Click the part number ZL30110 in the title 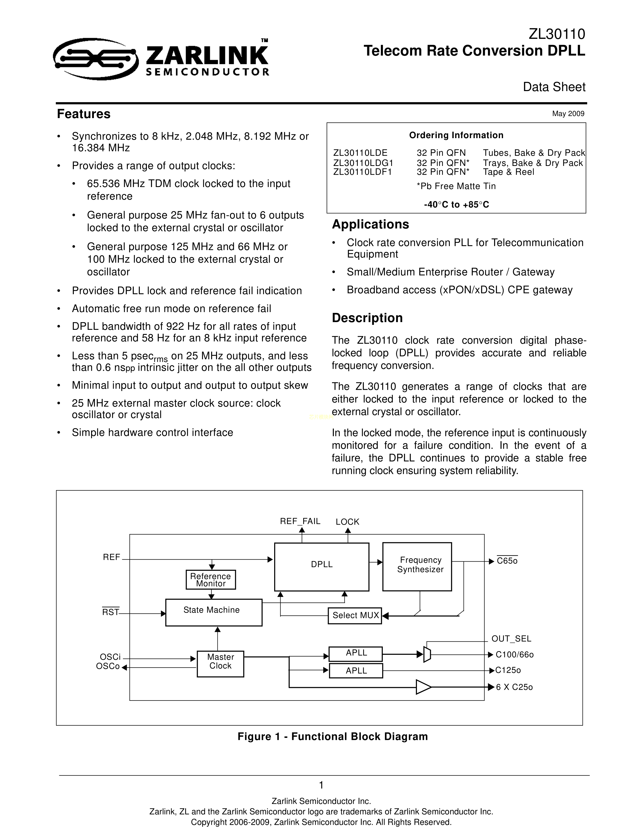click(557, 34)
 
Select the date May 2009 click(568, 113)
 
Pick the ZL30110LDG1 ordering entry click(363, 163)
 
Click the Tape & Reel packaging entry click(508, 172)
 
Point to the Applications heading click(370, 224)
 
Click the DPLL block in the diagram click(321, 567)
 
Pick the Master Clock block click(220, 664)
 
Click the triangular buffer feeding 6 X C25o click(423, 687)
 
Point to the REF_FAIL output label click(300, 521)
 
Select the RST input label click(111, 612)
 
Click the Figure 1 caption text click(333, 736)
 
